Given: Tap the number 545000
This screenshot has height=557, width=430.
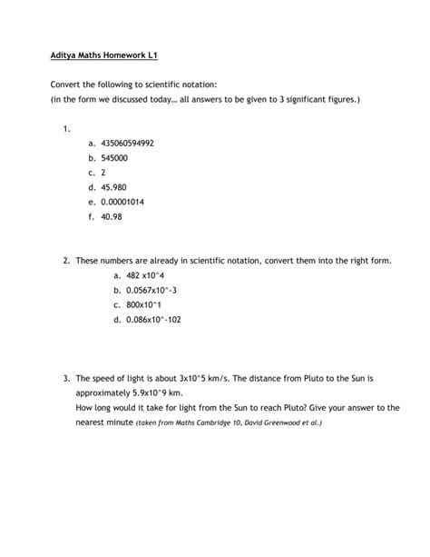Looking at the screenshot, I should (121, 158).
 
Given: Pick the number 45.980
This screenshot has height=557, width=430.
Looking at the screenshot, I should (120, 187).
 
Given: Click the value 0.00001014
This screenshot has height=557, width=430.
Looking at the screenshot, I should (132, 202).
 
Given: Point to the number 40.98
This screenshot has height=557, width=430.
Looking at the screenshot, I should (117, 217).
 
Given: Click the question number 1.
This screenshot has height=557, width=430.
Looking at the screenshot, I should (67, 128).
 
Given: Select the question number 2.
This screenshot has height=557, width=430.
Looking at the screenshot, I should (67, 261).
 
